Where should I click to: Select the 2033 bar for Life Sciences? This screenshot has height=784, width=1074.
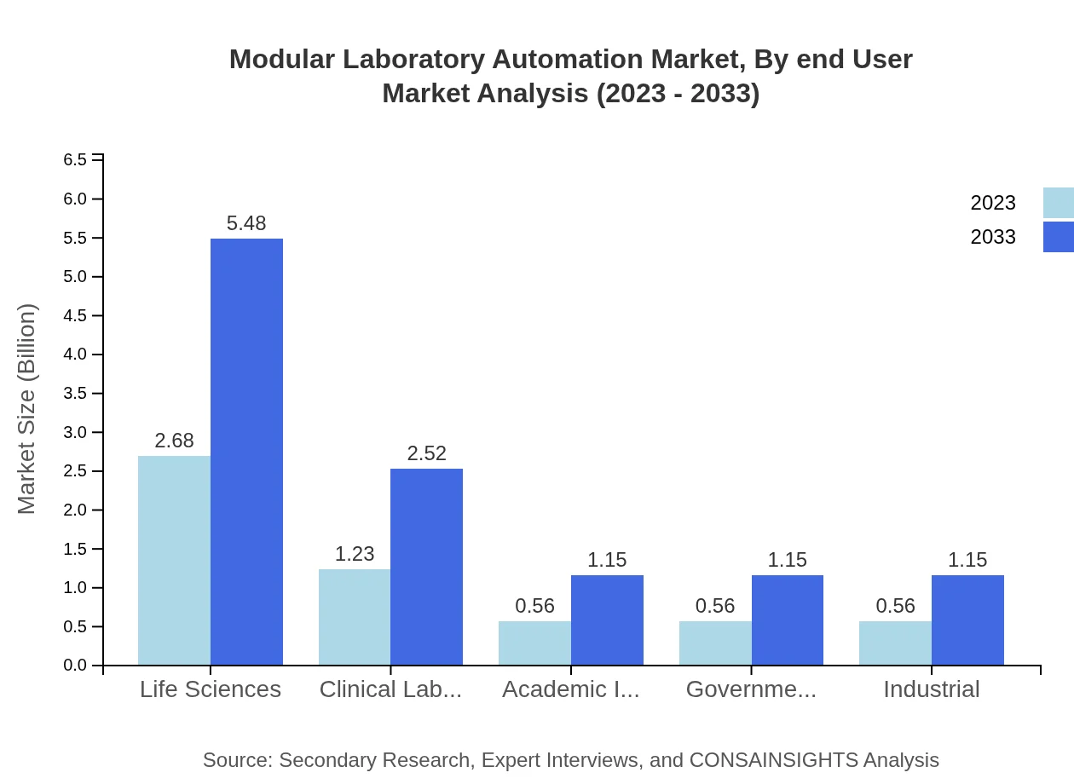[x=246, y=452]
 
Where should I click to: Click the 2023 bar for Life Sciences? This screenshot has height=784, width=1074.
[x=174, y=560]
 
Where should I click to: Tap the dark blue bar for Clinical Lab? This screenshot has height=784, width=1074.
[x=426, y=567]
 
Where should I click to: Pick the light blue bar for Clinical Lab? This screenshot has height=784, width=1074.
[x=355, y=617]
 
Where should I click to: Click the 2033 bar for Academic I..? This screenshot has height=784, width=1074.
[x=607, y=620]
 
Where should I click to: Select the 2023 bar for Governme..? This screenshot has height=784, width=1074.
[x=715, y=643]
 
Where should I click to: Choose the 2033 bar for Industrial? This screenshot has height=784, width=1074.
[x=967, y=620]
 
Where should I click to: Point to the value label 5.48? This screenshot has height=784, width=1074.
[x=246, y=223]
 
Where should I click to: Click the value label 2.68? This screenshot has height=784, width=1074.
[x=174, y=441]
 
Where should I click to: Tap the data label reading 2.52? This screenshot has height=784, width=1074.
[x=426, y=453]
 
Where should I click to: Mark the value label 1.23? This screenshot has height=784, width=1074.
[x=355, y=554]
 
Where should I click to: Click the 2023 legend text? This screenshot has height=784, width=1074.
[x=993, y=203]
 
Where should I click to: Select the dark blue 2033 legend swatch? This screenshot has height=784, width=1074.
[x=1058, y=237]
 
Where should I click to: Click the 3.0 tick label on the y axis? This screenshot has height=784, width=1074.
[x=75, y=432]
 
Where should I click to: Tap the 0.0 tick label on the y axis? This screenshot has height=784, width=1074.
[x=75, y=666]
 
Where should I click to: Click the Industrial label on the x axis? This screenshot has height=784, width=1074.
[x=931, y=689]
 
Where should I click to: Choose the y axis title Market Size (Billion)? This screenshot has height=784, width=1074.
[x=27, y=409]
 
